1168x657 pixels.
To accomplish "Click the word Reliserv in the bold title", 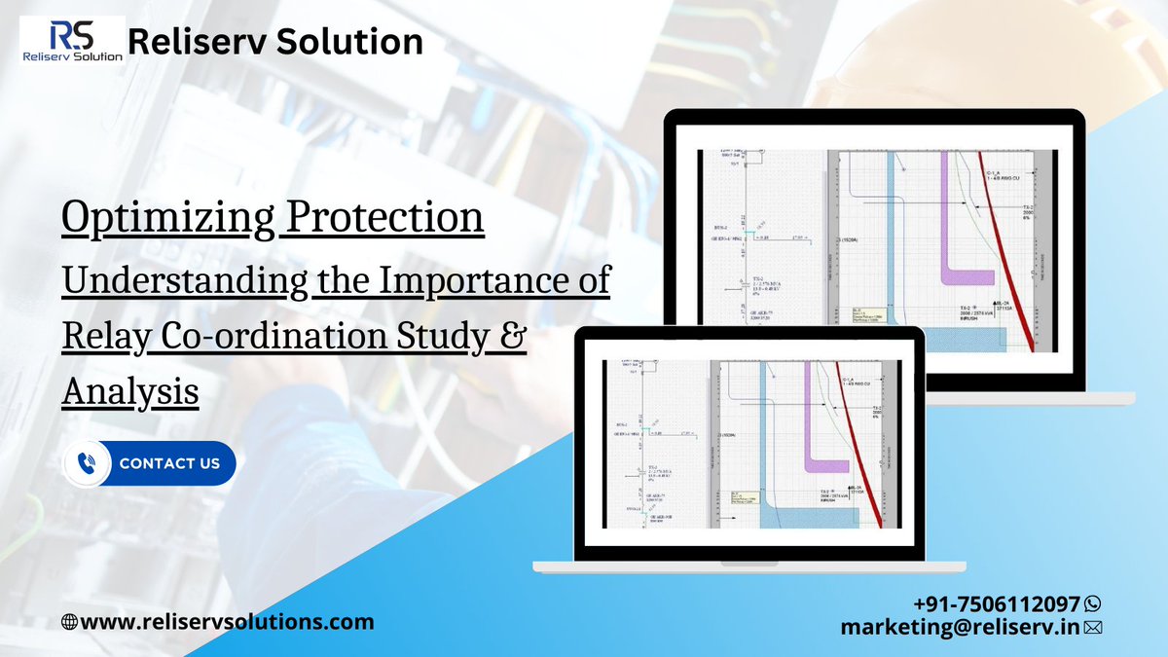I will click(x=200, y=42).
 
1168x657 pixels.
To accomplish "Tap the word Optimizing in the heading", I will click(x=165, y=218).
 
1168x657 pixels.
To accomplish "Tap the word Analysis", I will click(x=130, y=391).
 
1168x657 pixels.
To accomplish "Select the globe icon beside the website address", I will click(x=69, y=622).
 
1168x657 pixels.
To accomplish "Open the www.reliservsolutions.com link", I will click(x=227, y=622).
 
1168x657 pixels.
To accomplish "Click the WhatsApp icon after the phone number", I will click(x=1092, y=603).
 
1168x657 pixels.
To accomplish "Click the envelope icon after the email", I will click(x=1092, y=629).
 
